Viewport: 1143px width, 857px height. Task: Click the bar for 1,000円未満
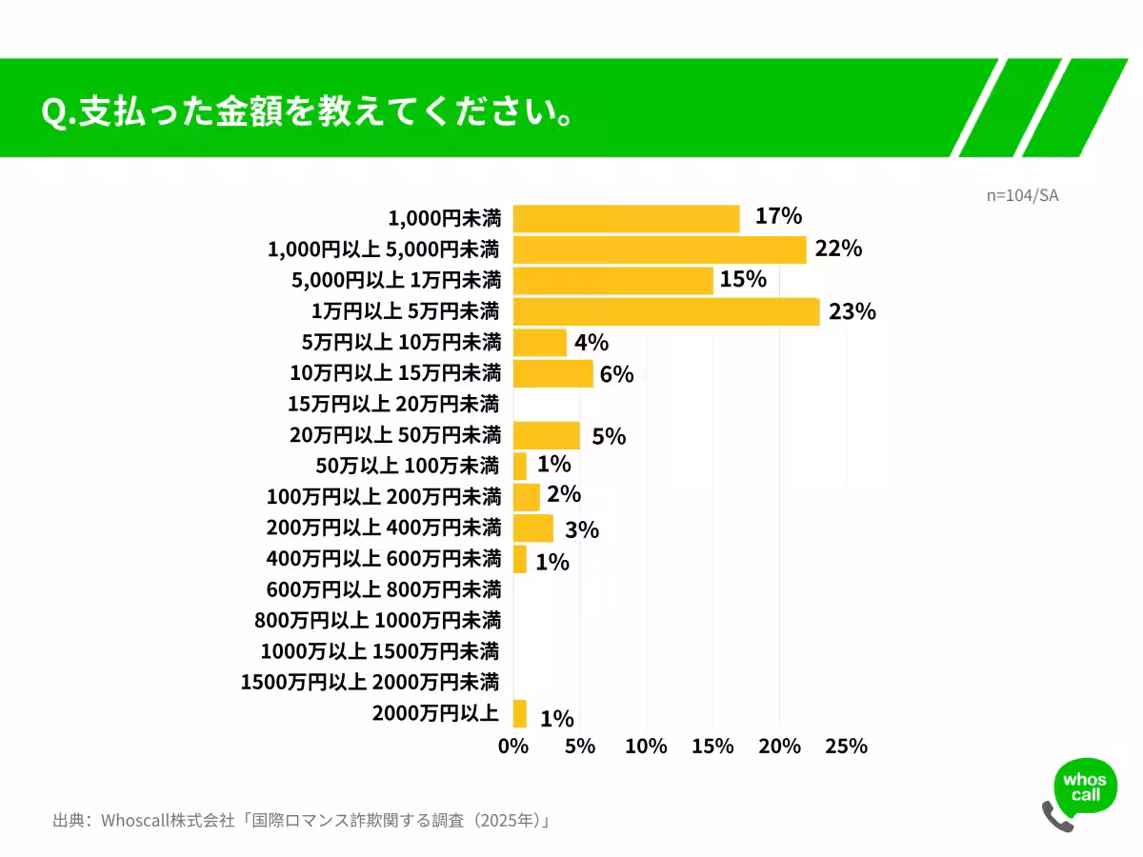click(x=626, y=219)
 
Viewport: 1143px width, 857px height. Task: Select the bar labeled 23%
click(x=666, y=311)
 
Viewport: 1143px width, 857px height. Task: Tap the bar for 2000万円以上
click(x=520, y=714)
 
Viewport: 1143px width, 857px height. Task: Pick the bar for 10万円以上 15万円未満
click(x=552, y=373)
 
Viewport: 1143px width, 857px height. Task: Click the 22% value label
click(x=838, y=249)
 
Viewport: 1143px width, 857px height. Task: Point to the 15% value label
click(x=744, y=280)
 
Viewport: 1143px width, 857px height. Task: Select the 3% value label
click(x=580, y=529)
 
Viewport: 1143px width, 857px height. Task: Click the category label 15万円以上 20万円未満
click(x=393, y=404)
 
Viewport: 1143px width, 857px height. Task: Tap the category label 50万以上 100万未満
click(x=408, y=466)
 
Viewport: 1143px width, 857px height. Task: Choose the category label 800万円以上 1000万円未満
click(x=377, y=621)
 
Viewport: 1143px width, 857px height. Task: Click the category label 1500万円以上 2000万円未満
click(x=370, y=682)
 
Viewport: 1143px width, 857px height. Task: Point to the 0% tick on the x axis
click(x=513, y=747)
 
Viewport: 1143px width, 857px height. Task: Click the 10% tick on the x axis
click(x=646, y=747)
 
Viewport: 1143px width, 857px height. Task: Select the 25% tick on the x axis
click(x=846, y=747)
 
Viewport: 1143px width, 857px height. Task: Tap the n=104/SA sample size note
click(x=1022, y=195)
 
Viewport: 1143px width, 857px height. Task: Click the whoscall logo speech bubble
click(x=1085, y=787)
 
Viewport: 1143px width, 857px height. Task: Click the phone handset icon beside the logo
click(x=1056, y=816)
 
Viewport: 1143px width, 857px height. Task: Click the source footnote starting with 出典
click(x=302, y=820)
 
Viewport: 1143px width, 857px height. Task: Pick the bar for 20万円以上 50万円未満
click(x=546, y=435)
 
